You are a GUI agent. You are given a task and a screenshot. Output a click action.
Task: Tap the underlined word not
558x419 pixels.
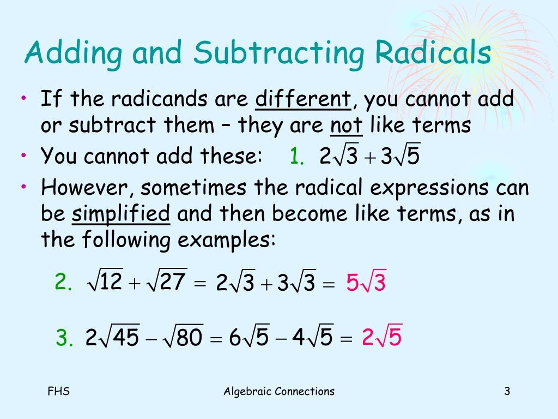347,125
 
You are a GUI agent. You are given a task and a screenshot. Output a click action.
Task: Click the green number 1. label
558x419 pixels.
297,157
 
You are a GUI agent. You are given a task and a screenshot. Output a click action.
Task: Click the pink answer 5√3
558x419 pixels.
366,283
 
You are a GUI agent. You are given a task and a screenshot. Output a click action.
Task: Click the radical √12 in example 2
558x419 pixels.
105,282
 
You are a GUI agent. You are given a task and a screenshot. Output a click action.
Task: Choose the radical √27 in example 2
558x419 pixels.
169,282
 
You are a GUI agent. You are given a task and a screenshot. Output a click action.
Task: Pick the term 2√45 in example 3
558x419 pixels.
112,338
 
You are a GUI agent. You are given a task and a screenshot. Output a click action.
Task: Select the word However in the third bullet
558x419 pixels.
88,188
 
